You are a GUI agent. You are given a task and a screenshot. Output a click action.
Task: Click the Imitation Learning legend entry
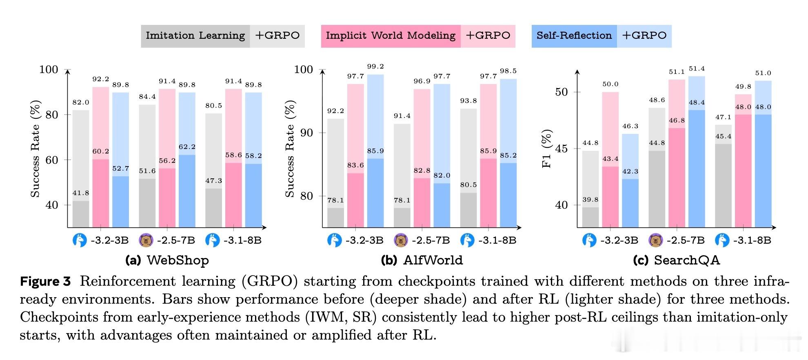click(195, 36)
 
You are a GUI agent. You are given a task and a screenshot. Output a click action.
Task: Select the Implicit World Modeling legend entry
click(391, 36)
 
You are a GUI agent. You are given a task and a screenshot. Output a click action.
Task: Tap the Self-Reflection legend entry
click(574, 36)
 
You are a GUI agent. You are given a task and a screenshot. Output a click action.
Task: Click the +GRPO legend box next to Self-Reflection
click(644, 36)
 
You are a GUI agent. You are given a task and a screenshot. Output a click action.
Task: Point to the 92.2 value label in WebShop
click(101, 79)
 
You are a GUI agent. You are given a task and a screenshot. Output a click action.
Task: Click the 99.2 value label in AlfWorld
click(375, 67)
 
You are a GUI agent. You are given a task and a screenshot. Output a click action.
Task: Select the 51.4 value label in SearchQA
click(697, 69)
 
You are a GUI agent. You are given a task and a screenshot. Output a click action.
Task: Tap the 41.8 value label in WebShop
click(81, 193)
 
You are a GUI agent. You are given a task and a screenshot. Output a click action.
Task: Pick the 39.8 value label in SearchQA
click(590, 200)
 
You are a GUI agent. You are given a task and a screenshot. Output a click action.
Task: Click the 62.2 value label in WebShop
click(187, 147)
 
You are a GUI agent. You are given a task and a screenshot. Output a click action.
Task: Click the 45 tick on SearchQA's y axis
click(561, 149)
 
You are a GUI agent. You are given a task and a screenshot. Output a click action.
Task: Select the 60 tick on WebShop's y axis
click(52, 160)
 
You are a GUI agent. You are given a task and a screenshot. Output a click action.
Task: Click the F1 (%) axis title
click(546, 149)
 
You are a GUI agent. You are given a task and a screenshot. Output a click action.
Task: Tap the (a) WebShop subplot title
click(167, 260)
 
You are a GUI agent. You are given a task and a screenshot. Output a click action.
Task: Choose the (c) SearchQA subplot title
click(676, 260)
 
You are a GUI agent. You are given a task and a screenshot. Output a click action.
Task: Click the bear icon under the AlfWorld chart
click(401, 240)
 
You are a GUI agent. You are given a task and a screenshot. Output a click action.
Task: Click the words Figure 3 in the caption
click(45, 282)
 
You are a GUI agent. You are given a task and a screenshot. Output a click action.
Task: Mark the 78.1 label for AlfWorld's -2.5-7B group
click(402, 200)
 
